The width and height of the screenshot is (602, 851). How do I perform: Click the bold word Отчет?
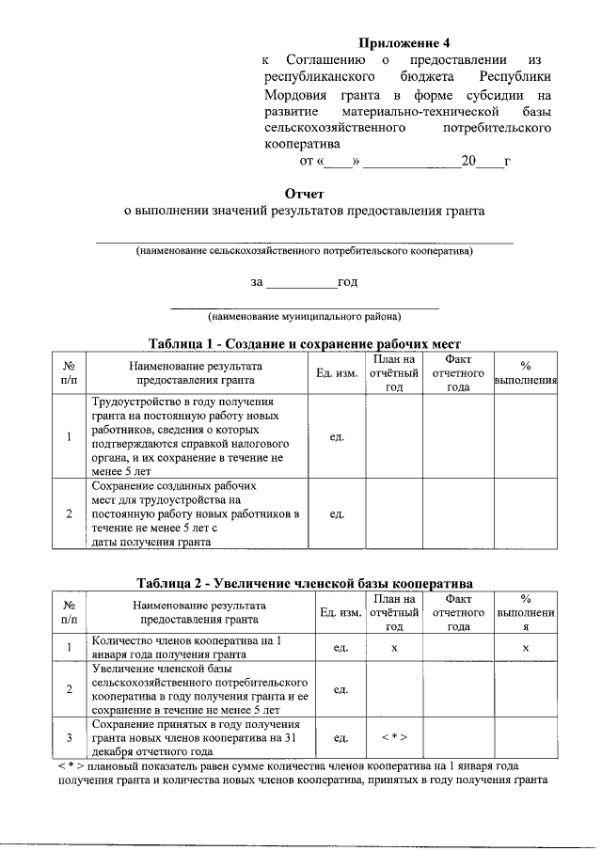pyautogui.click(x=304, y=193)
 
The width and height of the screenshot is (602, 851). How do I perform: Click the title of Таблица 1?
pyautogui.click(x=304, y=343)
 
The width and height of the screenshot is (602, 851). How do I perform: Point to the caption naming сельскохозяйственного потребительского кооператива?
pyautogui.click(x=304, y=251)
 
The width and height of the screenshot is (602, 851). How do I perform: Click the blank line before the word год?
pyautogui.click(x=301, y=282)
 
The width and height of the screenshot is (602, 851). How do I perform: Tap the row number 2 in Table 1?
pyautogui.click(x=70, y=514)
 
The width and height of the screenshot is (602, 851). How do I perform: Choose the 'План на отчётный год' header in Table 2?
pyautogui.click(x=394, y=613)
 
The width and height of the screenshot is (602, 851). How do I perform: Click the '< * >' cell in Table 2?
pyautogui.click(x=394, y=738)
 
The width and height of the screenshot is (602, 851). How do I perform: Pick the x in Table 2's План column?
pyautogui.click(x=394, y=648)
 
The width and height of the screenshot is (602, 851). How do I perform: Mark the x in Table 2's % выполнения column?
pyautogui.click(x=526, y=648)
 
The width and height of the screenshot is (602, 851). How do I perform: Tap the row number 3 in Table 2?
pyautogui.click(x=70, y=738)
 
